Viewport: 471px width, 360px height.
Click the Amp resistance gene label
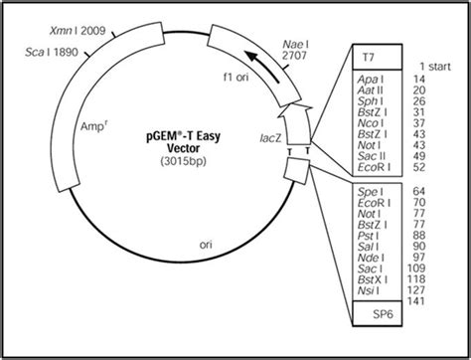95,122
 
